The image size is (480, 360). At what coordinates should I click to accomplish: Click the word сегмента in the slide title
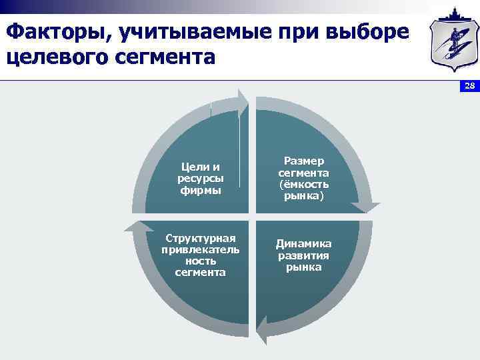coord(170,56)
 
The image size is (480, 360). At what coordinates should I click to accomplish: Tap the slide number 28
coord(469,86)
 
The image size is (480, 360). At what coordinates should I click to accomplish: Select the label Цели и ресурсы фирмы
coord(201,178)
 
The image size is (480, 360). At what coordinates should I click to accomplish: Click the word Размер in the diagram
coord(303,161)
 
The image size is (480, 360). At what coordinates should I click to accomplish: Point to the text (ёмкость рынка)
coord(303,191)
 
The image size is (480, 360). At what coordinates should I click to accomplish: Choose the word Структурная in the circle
coord(201,238)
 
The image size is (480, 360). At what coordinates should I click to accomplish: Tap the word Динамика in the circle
coord(303,243)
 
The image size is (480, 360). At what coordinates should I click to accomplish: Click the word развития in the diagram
coord(303,255)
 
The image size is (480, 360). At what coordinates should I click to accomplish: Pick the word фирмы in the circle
coord(201,190)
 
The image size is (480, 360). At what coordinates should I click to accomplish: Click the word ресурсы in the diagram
coord(201,178)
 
